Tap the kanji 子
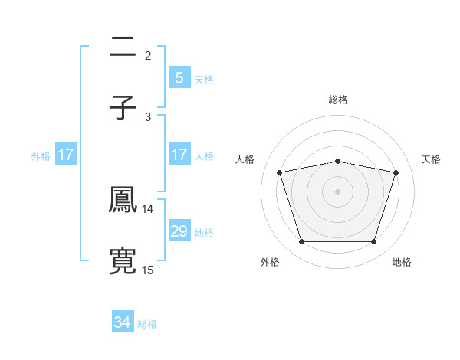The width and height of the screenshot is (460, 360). click(x=123, y=108)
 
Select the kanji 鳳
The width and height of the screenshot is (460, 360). click(x=123, y=201)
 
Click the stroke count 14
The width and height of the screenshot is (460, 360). click(x=148, y=208)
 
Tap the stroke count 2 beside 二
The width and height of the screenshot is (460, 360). click(x=148, y=55)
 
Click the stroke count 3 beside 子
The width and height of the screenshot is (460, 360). click(x=148, y=116)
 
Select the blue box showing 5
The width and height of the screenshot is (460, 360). click(x=179, y=77)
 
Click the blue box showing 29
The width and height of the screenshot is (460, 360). click(x=179, y=231)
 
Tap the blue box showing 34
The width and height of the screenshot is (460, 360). click(x=123, y=322)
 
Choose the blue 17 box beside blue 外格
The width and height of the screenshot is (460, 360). click(x=66, y=155)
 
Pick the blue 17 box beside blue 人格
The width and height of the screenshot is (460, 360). click(x=179, y=155)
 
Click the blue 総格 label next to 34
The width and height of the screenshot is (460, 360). click(x=147, y=324)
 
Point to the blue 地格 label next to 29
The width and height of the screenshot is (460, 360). click(x=204, y=232)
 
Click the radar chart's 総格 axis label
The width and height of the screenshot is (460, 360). click(x=338, y=100)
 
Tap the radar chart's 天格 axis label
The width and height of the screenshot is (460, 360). click(x=431, y=159)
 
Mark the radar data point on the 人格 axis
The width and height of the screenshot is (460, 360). click(x=280, y=172)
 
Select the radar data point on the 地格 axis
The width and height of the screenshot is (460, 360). click(x=373, y=242)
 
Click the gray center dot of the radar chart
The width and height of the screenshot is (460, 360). click(x=338, y=191)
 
